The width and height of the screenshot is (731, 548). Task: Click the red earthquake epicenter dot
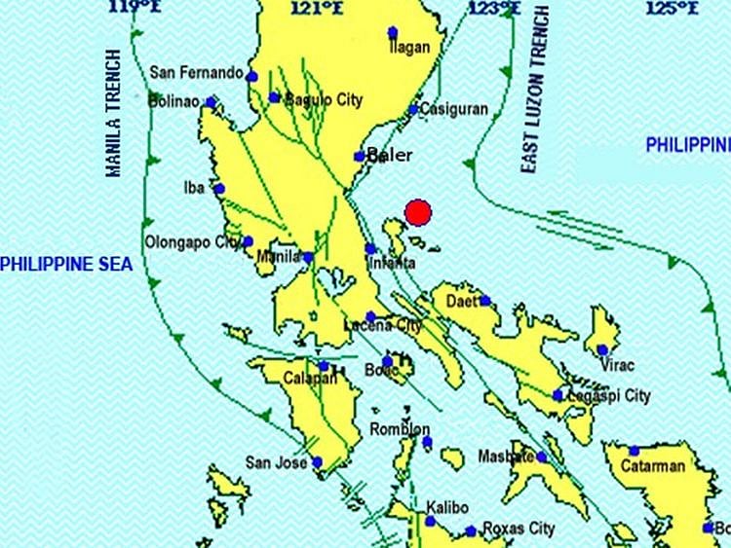point(418,212)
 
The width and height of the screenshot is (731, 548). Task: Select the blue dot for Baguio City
point(275,97)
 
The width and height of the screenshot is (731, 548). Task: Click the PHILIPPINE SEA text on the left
point(66,264)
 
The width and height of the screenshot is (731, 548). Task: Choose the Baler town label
point(390,156)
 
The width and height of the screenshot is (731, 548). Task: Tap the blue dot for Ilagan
point(393,32)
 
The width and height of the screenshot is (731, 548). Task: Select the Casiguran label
point(454,110)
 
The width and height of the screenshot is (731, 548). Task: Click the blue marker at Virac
point(603,349)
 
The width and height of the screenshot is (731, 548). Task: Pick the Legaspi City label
point(609,396)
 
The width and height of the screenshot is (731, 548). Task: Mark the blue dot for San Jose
point(318,462)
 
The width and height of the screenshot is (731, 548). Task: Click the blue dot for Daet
point(485,301)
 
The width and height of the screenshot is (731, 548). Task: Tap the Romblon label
point(400,429)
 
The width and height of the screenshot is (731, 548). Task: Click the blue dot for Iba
point(219,190)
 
